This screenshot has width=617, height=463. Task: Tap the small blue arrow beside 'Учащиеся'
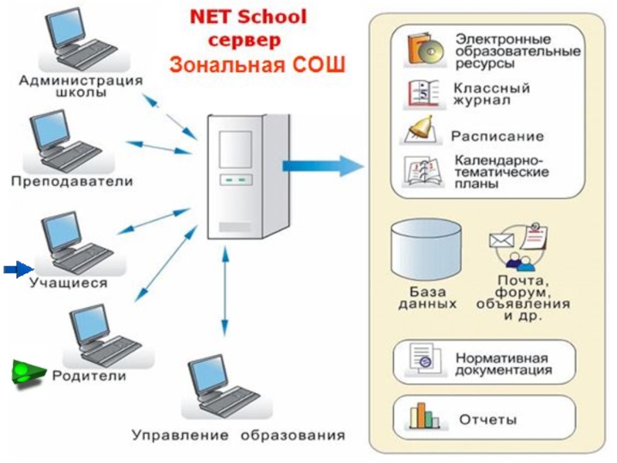tap(16, 269)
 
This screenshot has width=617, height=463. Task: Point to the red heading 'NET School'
tap(249, 16)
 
